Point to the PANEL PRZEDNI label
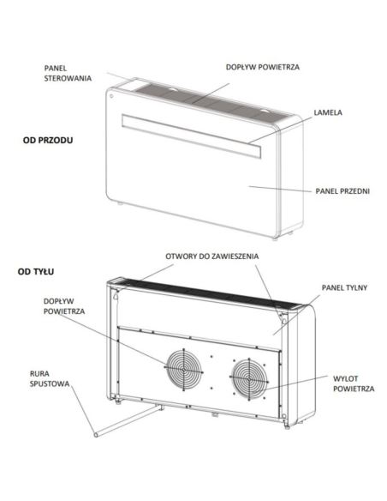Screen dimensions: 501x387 (342, 191)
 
